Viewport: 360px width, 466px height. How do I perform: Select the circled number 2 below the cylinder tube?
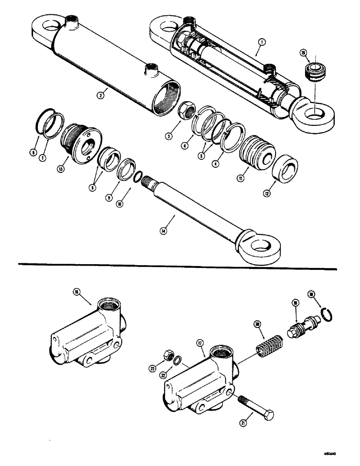coord(100,95)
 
